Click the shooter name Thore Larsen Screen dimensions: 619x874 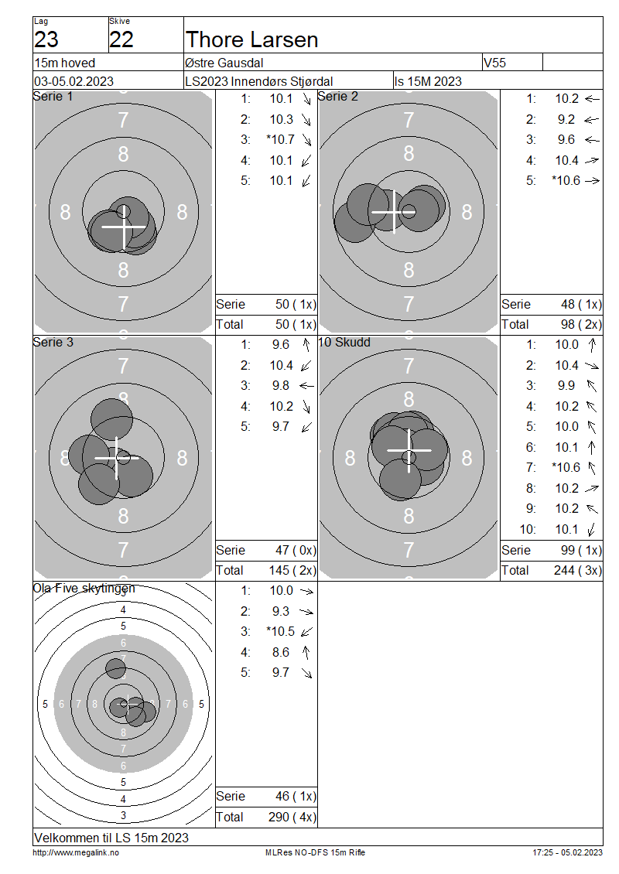click(x=251, y=39)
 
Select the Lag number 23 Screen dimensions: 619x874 click(x=46, y=39)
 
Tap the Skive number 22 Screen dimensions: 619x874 click(x=121, y=39)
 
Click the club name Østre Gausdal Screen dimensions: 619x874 click(x=224, y=63)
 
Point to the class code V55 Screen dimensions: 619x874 click(x=494, y=63)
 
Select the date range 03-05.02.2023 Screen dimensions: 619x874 click(x=74, y=81)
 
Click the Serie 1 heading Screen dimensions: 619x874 click(x=53, y=97)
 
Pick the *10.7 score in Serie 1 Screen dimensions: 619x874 click(x=281, y=139)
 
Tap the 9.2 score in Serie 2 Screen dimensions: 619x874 click(x=566, y=119)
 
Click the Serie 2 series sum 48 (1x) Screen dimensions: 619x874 click(x=581, y=304)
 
